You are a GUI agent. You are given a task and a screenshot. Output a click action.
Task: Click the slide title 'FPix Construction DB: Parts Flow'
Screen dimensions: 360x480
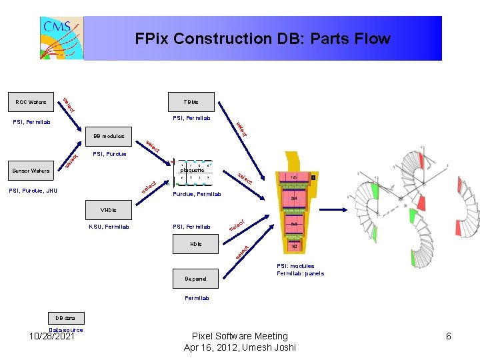tap(262, 39)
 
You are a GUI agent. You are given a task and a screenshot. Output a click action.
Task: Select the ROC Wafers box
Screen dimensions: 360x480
tap(31, 102)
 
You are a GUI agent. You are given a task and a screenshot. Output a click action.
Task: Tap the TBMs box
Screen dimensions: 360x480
tap(191, 102)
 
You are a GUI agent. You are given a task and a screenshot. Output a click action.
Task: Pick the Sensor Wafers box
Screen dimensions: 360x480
tap(31, 171)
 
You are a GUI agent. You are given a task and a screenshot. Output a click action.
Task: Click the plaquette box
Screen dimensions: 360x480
tap(192, 170)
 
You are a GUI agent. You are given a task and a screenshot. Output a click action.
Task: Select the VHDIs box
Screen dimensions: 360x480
tap(109, 210)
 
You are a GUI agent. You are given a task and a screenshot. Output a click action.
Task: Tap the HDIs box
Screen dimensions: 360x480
tap(196, 244)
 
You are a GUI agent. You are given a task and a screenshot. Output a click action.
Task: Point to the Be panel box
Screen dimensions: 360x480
tap(196, 279)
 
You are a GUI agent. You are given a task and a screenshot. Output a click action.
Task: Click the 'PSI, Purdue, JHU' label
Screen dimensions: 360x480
tap(33, 191)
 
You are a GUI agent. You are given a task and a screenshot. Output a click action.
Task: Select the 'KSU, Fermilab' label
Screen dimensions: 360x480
tap(109, 227)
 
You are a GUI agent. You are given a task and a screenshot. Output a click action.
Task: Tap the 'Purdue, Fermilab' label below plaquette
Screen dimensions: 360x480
tap(197, 195)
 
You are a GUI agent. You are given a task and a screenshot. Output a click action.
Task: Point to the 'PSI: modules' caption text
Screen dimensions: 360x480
tap(296, 266)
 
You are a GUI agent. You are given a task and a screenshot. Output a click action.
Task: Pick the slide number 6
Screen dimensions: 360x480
tap(449, 336)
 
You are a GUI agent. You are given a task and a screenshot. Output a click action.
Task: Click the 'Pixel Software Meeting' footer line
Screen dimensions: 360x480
tap(239, 336)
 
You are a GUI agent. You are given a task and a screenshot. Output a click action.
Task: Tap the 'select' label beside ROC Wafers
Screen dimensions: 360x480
tap(69, 105)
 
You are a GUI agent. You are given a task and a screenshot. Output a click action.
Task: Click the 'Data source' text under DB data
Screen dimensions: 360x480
tap(65, 329)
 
